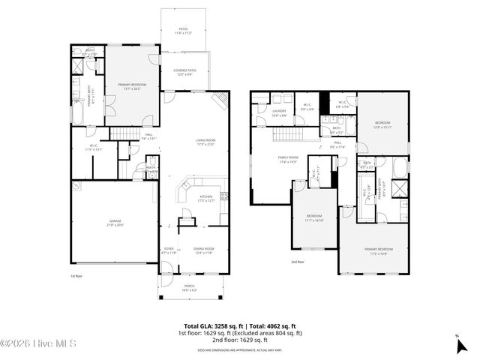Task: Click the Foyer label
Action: coord(168,250)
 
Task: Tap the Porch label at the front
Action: coord(189,287)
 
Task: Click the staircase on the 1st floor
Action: coord(124,133)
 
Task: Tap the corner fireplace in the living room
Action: coord(220,100)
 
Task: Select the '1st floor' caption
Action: coord(77,276)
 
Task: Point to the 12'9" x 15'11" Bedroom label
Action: coord(382,124)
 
